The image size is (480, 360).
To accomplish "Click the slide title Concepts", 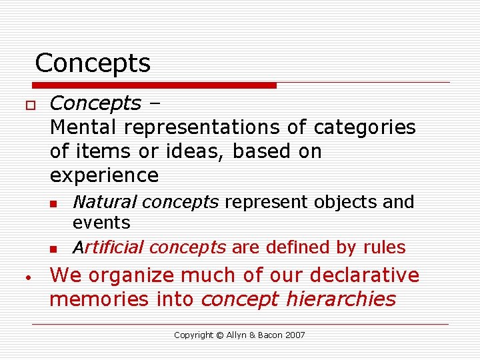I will coord(93,63).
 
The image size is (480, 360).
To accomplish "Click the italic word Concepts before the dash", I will coord(95,103).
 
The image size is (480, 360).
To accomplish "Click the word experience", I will coord(104,175).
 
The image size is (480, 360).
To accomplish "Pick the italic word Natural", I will coord(104,201).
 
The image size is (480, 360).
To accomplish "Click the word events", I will coord(101,221).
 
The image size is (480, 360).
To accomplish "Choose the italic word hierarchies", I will coord(341,299).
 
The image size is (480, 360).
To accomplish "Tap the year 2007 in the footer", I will coord(294,335).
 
